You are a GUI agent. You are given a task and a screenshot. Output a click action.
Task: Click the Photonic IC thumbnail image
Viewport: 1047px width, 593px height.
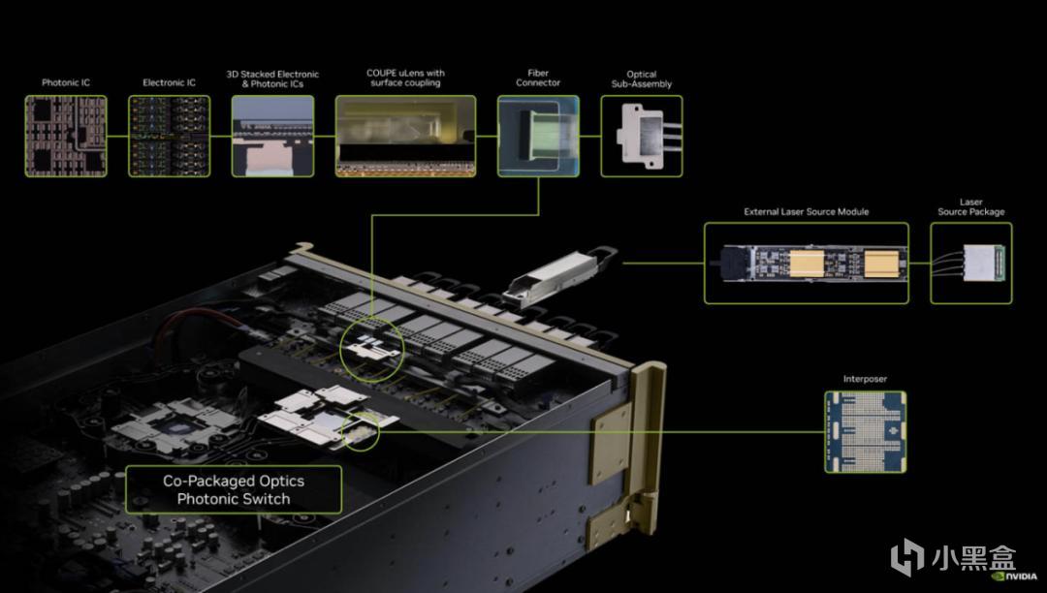(x=66, y=136)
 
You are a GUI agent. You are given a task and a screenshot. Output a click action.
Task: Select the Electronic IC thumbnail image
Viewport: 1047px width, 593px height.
(x=169, y=136)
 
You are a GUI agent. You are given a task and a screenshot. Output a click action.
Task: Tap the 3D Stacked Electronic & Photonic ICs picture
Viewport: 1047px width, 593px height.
(x=272, y=136)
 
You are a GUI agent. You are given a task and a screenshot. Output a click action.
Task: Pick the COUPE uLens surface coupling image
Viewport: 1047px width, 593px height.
(x=405, y=136)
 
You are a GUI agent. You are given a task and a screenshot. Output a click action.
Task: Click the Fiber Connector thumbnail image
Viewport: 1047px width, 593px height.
(x=538, y=136)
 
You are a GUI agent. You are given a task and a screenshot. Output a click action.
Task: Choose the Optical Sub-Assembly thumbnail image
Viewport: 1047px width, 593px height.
(x=642, y=136)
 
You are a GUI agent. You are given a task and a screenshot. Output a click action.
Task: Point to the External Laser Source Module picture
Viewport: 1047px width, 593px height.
(x=806, y=263)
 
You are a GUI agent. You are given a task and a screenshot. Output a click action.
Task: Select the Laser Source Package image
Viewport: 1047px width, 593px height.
(x=970, y=263)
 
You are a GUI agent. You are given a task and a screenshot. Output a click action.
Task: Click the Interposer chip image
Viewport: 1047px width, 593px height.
(x=866, y=432)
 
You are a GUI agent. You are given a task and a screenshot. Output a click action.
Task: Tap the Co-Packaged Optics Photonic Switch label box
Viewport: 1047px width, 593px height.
(x=234, y=489)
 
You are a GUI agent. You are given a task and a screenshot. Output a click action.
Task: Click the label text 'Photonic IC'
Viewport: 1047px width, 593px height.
(x=66, y=82)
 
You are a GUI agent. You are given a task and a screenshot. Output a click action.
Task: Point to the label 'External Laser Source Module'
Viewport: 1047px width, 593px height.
(x=807, y=211)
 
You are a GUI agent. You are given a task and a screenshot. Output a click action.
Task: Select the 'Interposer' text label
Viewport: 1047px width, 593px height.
(x=865, y=379)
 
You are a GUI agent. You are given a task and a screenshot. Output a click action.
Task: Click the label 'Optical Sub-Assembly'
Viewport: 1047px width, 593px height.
(x=642, y=79)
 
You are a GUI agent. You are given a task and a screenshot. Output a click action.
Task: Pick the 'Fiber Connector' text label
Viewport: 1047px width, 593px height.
(x=538, y=78)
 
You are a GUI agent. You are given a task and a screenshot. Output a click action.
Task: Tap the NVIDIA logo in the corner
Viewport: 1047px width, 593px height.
(x=1015, y=577)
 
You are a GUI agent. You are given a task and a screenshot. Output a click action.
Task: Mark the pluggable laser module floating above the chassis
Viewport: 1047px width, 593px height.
(x=559, y=275)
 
